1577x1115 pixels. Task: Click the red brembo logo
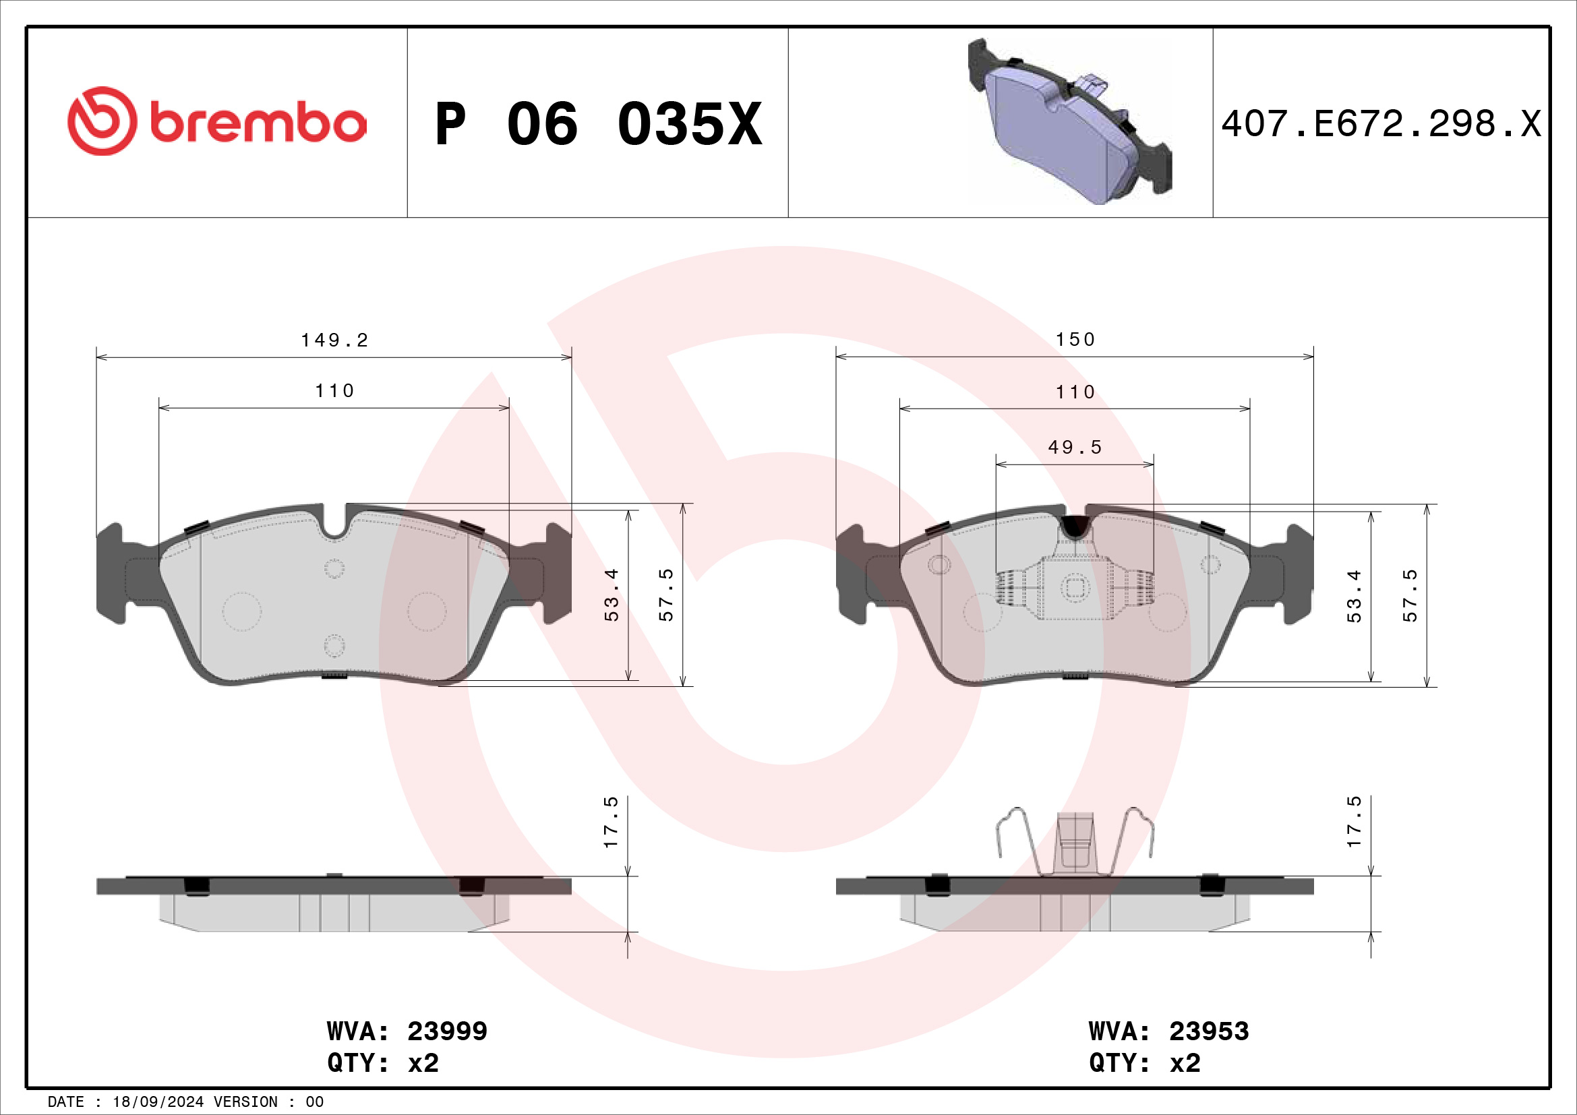click(x=216, y=121)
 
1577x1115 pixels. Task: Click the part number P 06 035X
click(x=598, y=124)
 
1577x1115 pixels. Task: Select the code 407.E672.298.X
click(x=1381, y=124)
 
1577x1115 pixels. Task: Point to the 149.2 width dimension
click(x=334, y=340)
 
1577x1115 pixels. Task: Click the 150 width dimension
click(x=1075, y=340)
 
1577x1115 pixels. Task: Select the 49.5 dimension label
click(x=1075, y=448)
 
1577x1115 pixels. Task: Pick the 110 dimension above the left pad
click(x=334, y=392)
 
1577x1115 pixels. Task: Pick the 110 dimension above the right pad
click(x=1075, y=393)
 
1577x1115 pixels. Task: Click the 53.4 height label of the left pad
click(x=612, y=595)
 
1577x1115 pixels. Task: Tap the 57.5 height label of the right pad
click(x=1409, y=595)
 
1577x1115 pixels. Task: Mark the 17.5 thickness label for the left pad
click(x=611, y=822)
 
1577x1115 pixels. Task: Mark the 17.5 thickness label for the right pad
click(x=1353, y=822)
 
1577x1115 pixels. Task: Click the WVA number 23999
click(x=447, y=1031)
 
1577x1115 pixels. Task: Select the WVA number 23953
click(x=1209, y=1031)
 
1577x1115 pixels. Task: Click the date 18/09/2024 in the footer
click(x=158, y=1102)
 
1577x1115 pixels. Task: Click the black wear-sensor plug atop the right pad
click(x=1075, y=526)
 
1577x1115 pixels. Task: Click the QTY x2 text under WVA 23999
click(x=382, y=1063)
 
